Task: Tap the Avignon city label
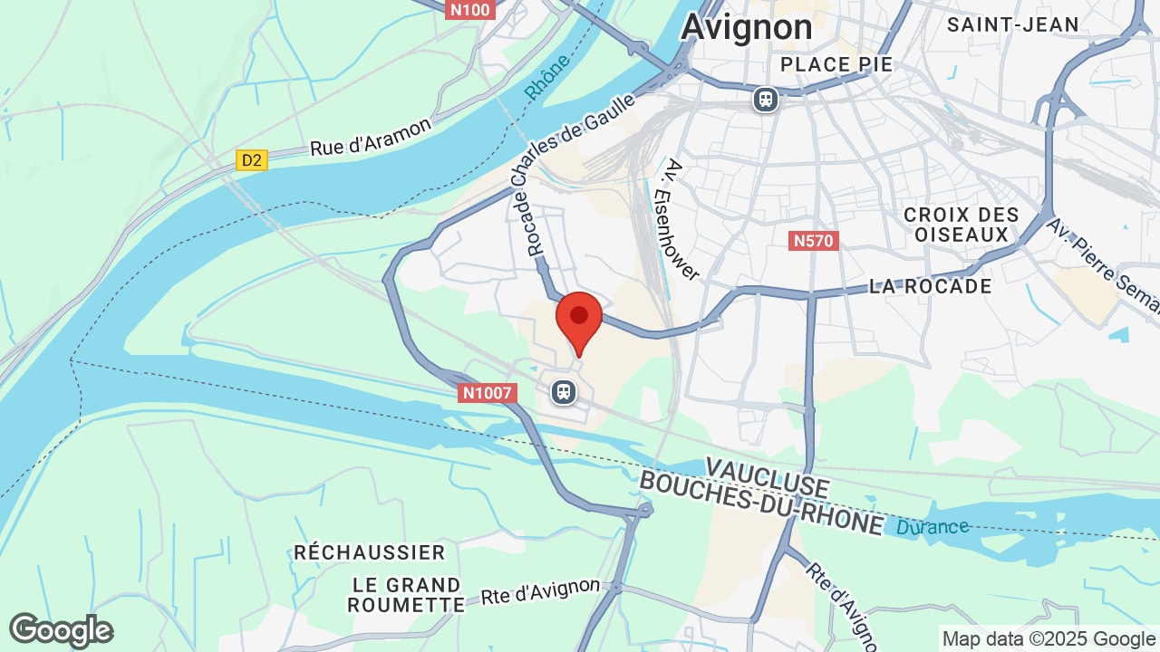pyautogui.click(x=747, y=27)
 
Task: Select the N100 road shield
pyautogui.click(x=469, y=10)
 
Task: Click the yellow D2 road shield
pyautogui.click(x=252, y=160)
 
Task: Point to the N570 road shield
pyautogui.click(x=814, y=241)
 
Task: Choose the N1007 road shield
pyautogui.click(x=488, y=393)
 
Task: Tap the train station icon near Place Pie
pyautogui.click(x=766, y=99)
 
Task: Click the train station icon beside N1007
pyautogui.click(x=564, y=392)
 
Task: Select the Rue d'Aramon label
pyautogui.click(x=371, y=137)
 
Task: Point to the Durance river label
pyautogui.click(x=933, y=527)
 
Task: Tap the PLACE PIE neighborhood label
pyautogui.click(x=836, y=64)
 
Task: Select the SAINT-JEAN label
pyautogui.click(x=1013, y=24)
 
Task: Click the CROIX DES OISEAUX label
pyautogui.click(x=961, y=225)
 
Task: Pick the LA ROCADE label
pyautogui.click(x=930, y=286)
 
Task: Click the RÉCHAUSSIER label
pyautogui.click(x=370, y=552)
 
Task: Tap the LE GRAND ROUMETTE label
pyautogui.click(x=406, y=595)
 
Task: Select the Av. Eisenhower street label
pyautogui.click(x=683, y=220)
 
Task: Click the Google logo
pyautogui.click(x=62, y=630)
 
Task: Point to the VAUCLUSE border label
pyautogui.click(x=766, y=478)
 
